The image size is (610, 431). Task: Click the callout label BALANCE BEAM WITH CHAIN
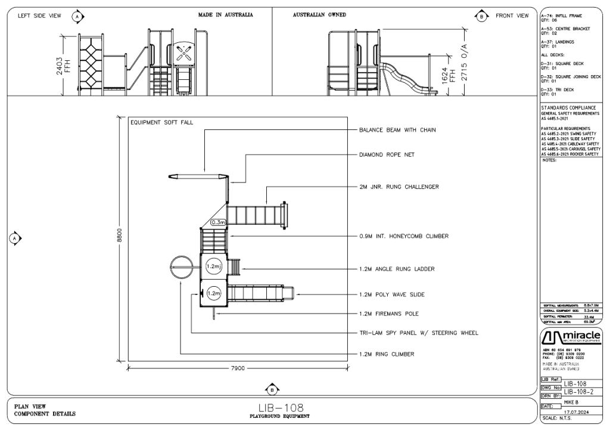pyautogui.click(x=397, y=130)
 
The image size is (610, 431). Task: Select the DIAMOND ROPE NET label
pyautogui.click(x=386, y=155)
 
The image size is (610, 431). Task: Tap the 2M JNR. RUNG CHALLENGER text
pyautogui.click(x=399, y=187)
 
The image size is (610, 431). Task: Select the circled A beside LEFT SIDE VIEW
pyautogui.click(x=78, y=16)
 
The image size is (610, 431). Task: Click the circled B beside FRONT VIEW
pyautogui.click(x=481, y=16)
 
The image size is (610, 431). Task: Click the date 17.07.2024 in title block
pyautogui.click(x=577, y=410)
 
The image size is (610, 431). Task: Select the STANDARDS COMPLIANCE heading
pyautogui.click(x=568, y=108)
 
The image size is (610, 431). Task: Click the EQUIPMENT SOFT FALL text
pyautogui.click(x=161, y=123)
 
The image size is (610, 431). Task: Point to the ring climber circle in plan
pyautogui.click(x=180, y=265)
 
